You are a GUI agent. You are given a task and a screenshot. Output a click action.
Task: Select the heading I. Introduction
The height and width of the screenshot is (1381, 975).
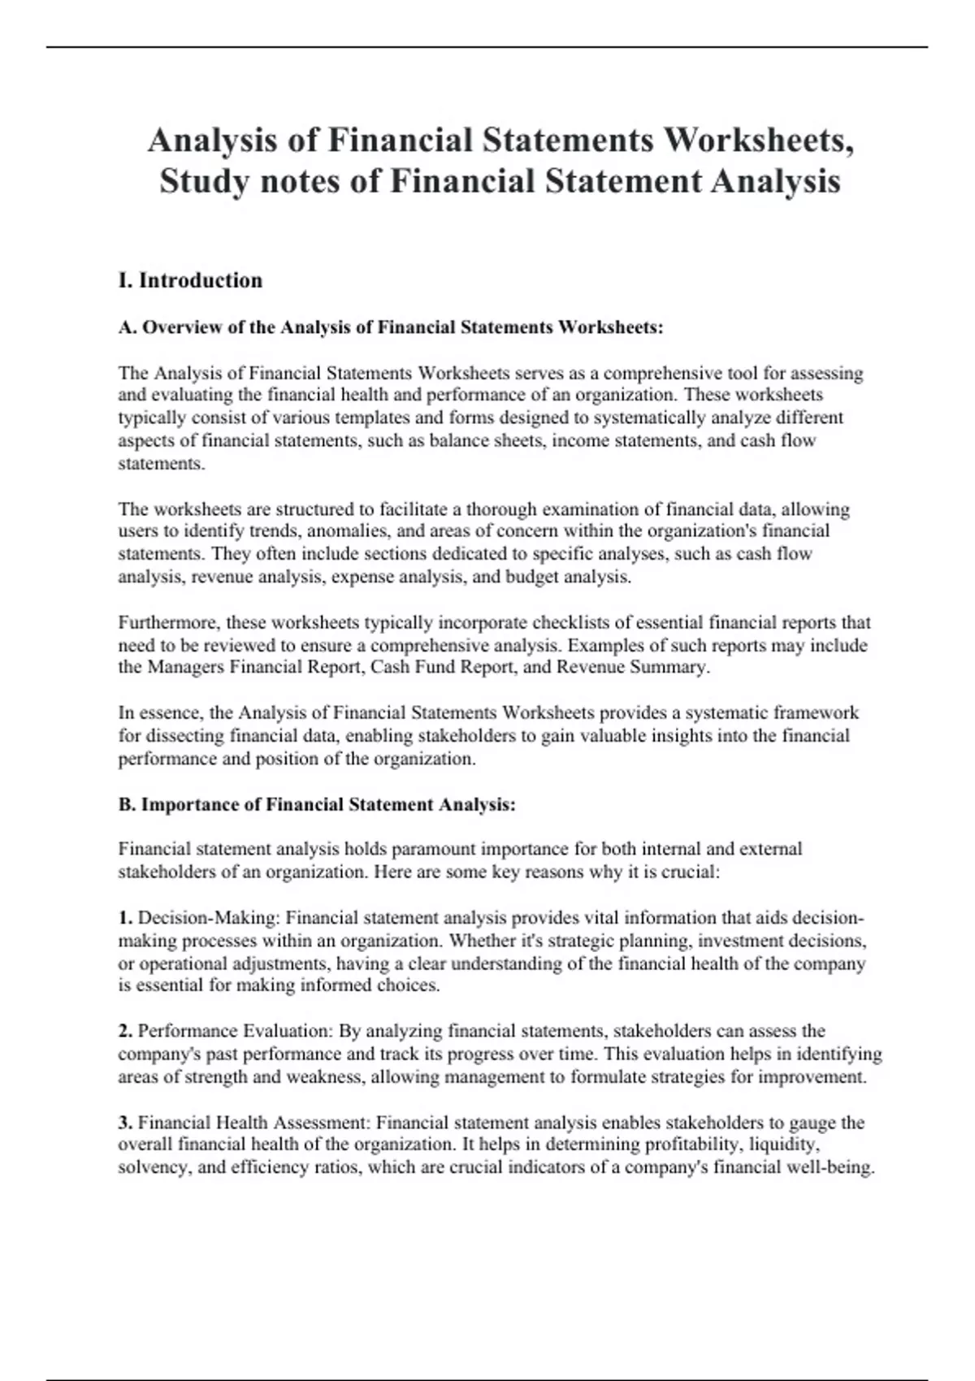point(190,280)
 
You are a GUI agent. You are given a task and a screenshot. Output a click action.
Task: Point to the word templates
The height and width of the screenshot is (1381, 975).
point(366,418)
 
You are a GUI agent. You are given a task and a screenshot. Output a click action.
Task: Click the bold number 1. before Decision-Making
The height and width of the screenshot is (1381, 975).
point(126,918)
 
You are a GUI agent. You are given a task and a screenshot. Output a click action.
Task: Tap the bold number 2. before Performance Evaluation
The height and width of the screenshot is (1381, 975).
point(126,1031)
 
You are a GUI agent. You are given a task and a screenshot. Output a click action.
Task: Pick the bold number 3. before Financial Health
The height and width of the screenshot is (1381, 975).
point(126,1123)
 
